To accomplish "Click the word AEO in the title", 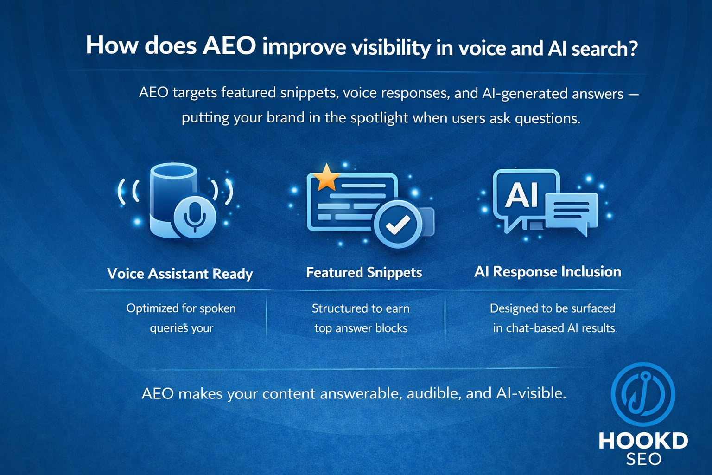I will [229, 46].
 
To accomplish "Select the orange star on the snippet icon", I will [327, 178].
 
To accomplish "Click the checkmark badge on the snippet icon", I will [398, 225].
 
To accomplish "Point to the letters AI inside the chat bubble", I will [522, 194].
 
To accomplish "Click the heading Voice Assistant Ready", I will [180, 274].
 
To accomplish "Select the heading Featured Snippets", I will [364, 272].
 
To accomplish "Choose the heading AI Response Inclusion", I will [547, 271].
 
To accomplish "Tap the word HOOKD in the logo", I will [643, 441].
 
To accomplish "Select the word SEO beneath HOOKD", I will [643, 459].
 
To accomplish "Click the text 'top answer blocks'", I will [361, 328].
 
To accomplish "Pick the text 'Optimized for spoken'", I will [181, 308].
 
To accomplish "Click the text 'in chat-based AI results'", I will [554, 328].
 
